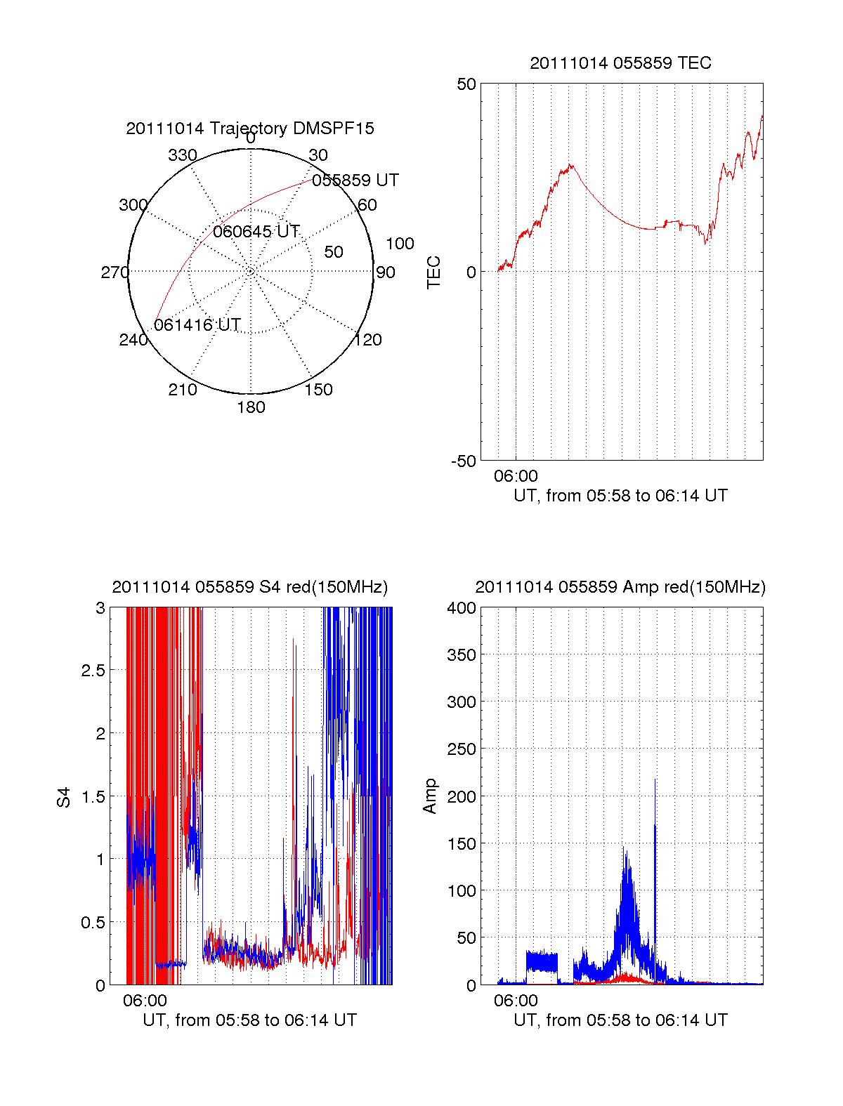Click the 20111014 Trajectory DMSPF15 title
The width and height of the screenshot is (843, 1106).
point(250,129)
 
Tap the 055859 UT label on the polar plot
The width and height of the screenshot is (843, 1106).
point(355,180)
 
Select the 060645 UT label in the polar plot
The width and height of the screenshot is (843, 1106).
point(256,232)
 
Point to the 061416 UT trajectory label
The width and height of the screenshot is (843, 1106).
point(197,325)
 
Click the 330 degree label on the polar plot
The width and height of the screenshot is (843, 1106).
point(183,155)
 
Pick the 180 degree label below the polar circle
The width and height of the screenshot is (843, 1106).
point(251,407)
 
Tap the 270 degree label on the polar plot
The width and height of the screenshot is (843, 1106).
point(115,272)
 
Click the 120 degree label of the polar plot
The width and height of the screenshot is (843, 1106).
point(368,341)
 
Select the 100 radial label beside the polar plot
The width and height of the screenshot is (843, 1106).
point(400,244)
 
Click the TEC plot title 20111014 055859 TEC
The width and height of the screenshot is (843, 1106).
point(620,63)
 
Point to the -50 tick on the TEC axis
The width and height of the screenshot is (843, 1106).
point(464,461)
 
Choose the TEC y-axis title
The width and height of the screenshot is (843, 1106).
point(434,272)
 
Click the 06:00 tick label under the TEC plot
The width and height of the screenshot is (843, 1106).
point(516,476)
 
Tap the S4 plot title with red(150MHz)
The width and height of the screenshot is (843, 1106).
point(249,587)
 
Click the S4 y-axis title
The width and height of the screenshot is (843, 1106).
point(64,797)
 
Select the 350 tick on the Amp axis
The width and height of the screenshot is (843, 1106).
point(462,655)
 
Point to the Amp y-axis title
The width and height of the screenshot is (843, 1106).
point(430,796)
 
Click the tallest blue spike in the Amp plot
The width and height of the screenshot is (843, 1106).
point(655,781)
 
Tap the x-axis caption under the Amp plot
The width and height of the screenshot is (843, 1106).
point(620,1020)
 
